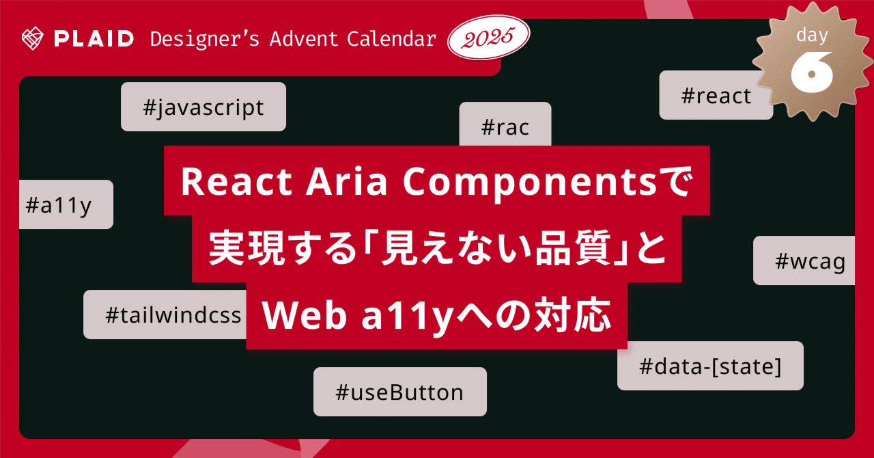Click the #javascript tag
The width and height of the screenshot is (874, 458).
click(x=203, y=107)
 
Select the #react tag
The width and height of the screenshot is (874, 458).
click(x=716, y=96)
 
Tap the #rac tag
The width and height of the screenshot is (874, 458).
click(x=505, y=126)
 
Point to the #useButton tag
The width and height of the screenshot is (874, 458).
click(x=399, y=392)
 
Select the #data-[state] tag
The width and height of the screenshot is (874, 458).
click(x=710, y=366)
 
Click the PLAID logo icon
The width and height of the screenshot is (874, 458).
click(x=32, y=38)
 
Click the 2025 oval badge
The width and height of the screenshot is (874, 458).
click(x=488, y=39)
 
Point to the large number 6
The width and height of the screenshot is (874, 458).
click(x=811, y=70)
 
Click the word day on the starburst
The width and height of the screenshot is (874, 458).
click(x=811, y=35)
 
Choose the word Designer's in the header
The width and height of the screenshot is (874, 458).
click(x=204, y=39)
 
